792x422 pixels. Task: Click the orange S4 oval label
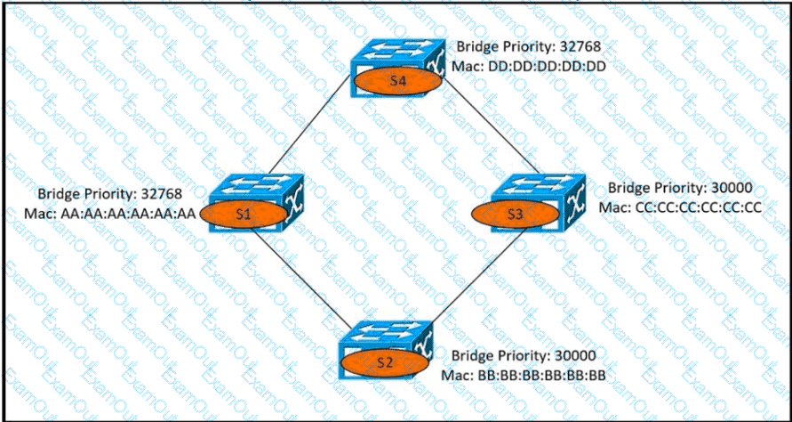point(398,80)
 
